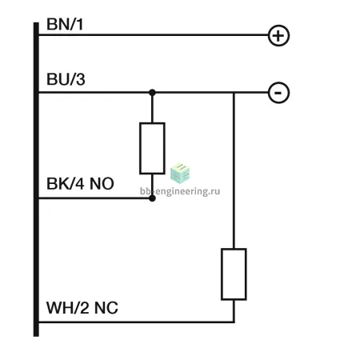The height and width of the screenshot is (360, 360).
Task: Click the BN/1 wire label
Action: coord(65,24)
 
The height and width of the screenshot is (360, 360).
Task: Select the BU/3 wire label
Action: coord(66,79)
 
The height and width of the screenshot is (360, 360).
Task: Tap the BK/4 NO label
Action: coord(80,183)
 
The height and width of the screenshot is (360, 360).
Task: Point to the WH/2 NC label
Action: coord(82,308)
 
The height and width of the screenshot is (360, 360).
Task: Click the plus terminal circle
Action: coord(278,36)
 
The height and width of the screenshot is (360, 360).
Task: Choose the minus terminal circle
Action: coord(278,93)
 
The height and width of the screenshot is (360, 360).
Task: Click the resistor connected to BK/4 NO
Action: coord(152,148)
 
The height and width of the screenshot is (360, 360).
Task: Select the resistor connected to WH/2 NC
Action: coord(234,274)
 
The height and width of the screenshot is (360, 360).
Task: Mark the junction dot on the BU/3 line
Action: coord(152,93)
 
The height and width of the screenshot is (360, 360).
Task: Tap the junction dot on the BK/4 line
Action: coord(152,198)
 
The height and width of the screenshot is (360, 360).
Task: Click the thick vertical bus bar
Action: coord(36,179)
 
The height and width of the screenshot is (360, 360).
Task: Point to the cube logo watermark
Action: coord(180,174)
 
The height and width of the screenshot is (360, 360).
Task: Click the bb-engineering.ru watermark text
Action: coord(180,191)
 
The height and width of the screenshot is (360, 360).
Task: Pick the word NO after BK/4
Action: coord(102,183)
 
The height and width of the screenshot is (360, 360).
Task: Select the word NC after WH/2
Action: coord(106,308)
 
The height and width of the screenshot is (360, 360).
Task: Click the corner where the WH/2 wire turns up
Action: coord(234,322)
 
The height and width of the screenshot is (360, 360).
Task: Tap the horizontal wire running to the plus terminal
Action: coord(154,35)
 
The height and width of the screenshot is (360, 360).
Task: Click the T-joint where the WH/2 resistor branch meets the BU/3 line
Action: coord(234,93)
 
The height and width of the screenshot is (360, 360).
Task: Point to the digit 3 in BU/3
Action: coord(81,79)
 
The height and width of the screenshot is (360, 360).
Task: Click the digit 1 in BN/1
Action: coord(79,24)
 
